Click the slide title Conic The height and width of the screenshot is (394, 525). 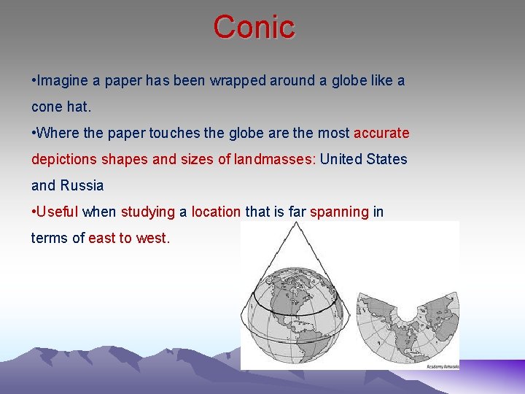(254, 27)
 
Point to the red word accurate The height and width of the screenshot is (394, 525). (381, 133)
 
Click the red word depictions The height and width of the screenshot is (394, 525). (68, 159)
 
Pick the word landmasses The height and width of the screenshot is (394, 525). (275, 159)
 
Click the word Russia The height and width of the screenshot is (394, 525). (82, 185)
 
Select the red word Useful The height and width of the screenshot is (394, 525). (58, 212)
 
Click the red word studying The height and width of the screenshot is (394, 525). (148, 212)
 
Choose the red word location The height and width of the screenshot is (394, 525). (216, 212)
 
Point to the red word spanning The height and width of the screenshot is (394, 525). (340, 212)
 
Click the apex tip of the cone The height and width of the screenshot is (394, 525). (295, 223)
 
